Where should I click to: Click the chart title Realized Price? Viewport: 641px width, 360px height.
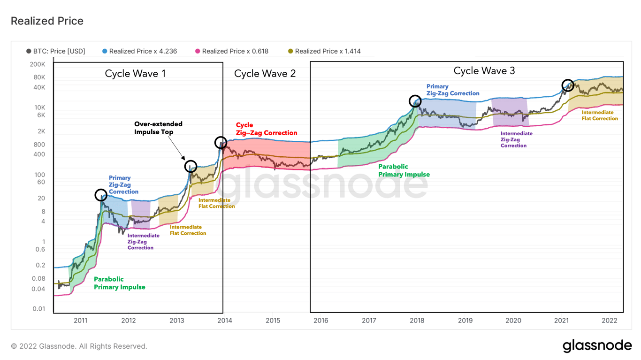point(47,21)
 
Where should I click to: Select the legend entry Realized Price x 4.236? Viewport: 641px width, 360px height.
point(139,51)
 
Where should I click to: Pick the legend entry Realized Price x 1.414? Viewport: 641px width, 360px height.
point(324,51)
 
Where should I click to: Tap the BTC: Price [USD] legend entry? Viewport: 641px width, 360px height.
point(56,51)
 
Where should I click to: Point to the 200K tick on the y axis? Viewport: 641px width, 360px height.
point(38,64)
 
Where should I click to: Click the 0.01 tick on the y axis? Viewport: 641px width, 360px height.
point(38,309)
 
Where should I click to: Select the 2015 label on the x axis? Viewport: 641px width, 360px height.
point(273,321)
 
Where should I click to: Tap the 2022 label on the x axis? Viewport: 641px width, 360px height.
point(609,321)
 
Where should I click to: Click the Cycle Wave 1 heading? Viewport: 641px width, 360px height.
point(135,74)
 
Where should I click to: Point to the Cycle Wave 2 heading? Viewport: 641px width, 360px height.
point(265,74)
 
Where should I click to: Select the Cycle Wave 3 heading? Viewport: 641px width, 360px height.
point(484,71)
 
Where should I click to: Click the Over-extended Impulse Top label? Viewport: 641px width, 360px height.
point(158,128)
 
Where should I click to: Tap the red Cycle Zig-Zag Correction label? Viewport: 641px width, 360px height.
point(266,129)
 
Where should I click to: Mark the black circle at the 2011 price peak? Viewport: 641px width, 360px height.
point(101,195)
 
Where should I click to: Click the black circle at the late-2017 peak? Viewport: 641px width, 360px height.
point(415,101)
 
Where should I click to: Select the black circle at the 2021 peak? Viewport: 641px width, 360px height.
point(568,85)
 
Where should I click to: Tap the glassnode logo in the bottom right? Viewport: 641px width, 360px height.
point(597,346)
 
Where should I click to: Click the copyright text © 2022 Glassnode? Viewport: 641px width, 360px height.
point(79,346)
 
